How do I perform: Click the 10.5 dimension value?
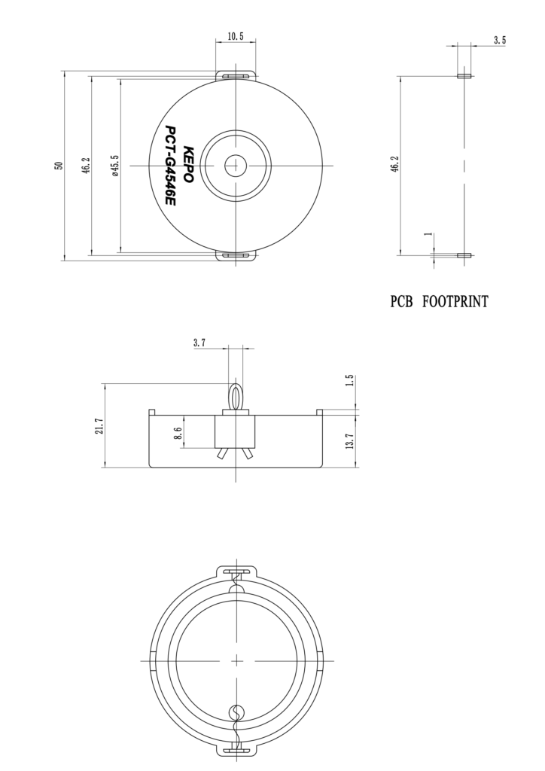click(x=236, y=36)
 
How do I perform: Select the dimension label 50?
click(x=59, y=166)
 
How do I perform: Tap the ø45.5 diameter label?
click(x=114, y=166)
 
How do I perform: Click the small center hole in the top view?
click(x=236, y=164)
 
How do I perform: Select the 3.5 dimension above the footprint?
click(x=499, y=40)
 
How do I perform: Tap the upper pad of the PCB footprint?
click(x=464, y=76)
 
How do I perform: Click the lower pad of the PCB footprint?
click(x=464, y=255)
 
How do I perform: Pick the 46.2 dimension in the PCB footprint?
click(x=394, y=166)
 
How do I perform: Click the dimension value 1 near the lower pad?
click(x=428, y=235)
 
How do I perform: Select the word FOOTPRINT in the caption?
click(x=455, y=303)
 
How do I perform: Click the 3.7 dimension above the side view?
click(x=199, y=343)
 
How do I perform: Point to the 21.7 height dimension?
click(x=99, y=425)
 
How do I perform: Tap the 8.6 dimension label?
click(x=178, y=433)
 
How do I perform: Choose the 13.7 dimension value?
click(x=349, y=440)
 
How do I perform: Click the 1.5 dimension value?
click(x=349, y=381)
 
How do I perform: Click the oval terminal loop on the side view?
click(x=236, y=396)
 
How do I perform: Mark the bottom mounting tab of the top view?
click(x=236, y=256)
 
